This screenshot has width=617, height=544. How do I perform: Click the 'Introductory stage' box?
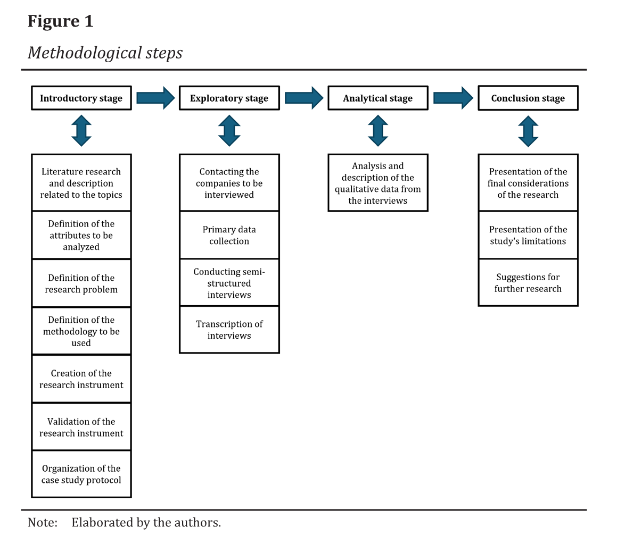[x=81, y=98]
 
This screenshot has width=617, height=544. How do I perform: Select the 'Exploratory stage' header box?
[x=229, y=98]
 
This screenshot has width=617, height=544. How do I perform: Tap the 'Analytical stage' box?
[x=377, y=98]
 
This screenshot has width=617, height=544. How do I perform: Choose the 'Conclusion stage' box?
[x=528, y=98]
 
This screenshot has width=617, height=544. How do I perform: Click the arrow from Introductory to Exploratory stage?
[x=155, y=98]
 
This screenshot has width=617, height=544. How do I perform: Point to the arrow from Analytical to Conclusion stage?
[x=453, y=98]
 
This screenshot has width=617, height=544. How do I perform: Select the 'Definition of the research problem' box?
[x=81, y=283]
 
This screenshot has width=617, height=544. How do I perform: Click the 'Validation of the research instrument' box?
[x=81, y=427]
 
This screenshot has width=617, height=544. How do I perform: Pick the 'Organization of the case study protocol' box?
[x=81, y=474]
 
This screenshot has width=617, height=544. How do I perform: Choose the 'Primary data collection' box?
[x=229, y=235]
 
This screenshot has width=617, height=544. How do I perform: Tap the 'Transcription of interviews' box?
[x=229, y=330]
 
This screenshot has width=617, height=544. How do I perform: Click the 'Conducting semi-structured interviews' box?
[x=229, y=283]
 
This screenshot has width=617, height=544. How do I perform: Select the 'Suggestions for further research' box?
[x=528, y=283]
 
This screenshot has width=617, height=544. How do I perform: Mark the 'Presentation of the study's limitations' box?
[x=528, y=235]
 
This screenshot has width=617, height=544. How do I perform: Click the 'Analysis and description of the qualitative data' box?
[x=377, y=183]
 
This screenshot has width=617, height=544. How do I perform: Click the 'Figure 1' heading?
[x=60, y=21]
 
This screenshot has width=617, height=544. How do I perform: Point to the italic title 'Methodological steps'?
[x=105, y=53]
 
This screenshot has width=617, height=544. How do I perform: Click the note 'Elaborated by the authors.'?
[x=146, y=522]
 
